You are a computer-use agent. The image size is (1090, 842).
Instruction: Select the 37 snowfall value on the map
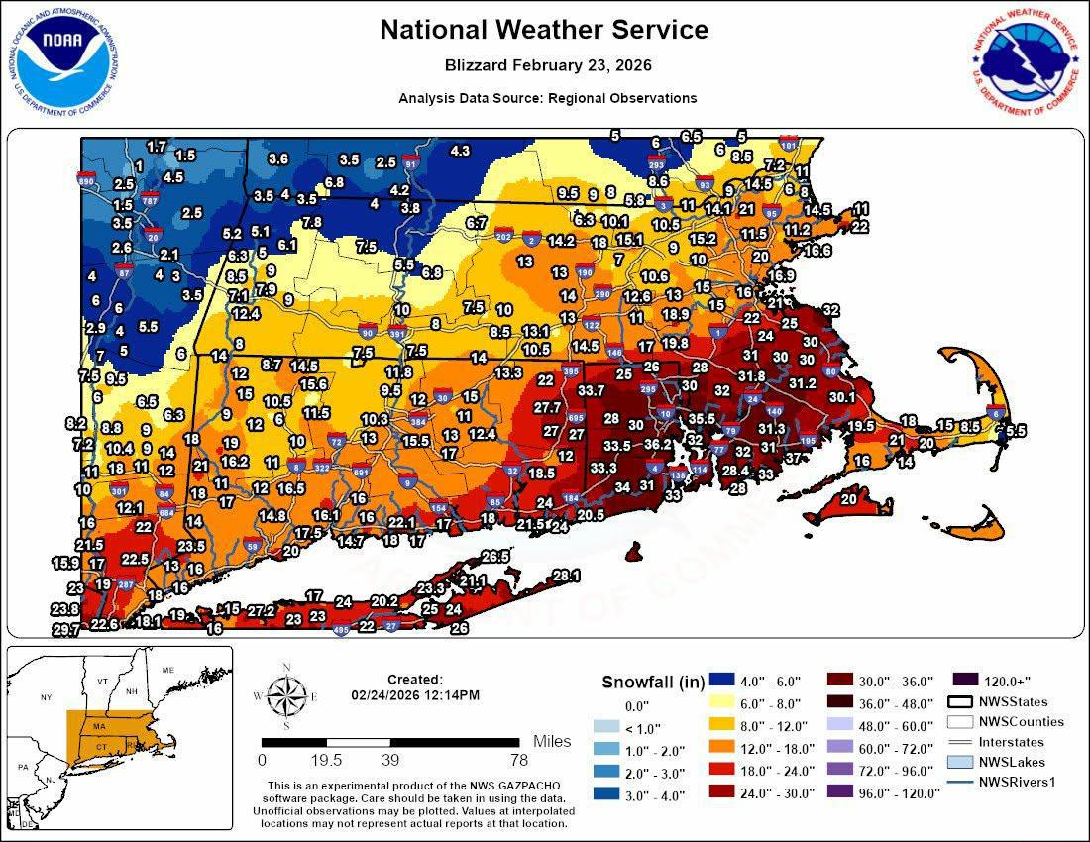pos(793,458)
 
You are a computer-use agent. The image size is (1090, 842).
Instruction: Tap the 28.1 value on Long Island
pos(566,575)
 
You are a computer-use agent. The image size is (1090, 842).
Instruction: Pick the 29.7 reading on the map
pos(65,630)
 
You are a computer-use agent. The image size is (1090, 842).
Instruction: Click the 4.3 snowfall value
pos(460,151)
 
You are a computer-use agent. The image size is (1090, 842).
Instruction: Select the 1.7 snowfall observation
pos(157,147)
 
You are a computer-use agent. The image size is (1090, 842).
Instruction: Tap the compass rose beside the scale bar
pos(285,695)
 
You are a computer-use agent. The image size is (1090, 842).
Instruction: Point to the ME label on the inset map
pos(167,671)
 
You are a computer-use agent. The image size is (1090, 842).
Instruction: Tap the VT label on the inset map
pos(102,682)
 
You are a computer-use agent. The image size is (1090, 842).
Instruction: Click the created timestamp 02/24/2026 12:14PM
pos(414,695)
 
